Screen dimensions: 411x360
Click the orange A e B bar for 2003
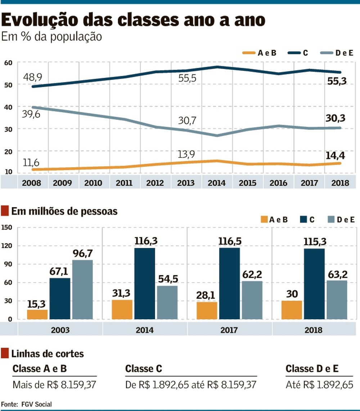[x=37, y=314]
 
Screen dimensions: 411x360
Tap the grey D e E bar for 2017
[x=252, y=300]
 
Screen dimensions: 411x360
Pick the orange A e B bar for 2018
[x=292, y=310]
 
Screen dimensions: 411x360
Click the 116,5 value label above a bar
[x=229, y=242]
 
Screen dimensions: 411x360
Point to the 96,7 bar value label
[x=82, y=254]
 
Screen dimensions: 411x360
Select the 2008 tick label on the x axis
[x=31, y=183]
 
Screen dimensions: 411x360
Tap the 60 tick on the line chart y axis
[x=8, y=63]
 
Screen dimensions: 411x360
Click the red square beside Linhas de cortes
[x=5, y=353]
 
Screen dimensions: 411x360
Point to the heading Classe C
[x=144, y=369]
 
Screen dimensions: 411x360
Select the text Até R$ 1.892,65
[x=319, y=385]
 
